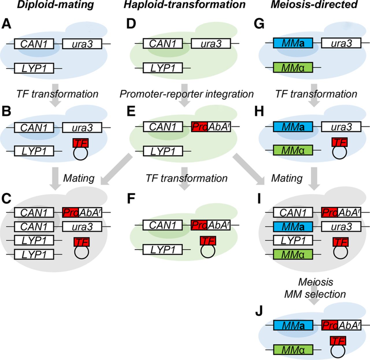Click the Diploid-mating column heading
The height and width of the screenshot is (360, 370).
point(55,5)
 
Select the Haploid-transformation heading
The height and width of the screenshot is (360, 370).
point(184,5)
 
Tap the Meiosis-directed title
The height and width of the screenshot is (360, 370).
point(314,5)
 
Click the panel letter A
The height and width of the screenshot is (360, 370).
point(6,24)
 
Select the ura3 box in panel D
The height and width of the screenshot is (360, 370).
point(211,44)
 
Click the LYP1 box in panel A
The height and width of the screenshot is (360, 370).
point(34,68)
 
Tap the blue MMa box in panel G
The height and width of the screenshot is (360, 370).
point(293,44)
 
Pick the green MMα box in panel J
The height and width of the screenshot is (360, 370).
point(293,350)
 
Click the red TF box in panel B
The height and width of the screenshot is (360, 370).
point(81,143)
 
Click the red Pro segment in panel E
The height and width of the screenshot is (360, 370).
point(199,127)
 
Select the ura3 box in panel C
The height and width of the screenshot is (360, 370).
point(82,227)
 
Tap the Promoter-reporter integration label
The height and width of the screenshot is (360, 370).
point(187,94)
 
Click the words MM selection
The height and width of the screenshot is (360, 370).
point(315,294)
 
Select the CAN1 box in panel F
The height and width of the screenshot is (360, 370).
point(163,225)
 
